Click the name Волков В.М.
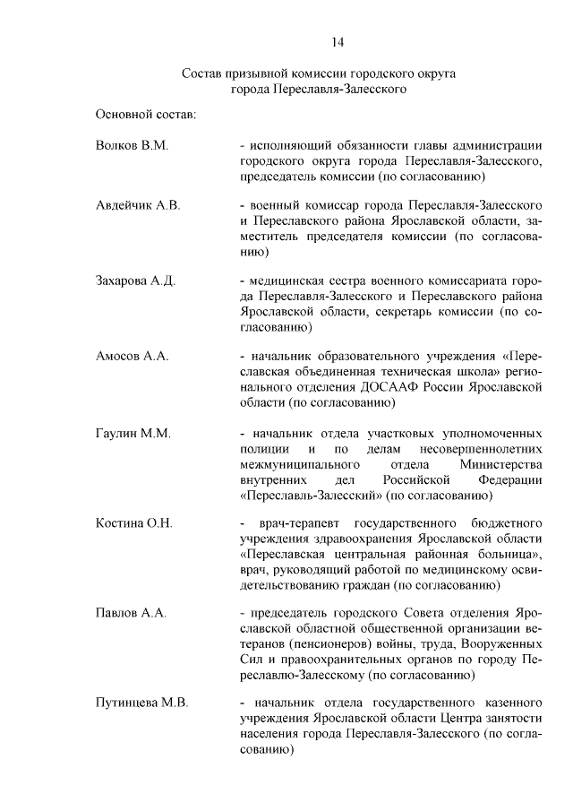(132, 145)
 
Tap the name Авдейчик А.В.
(138, 205)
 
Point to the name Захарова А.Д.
(135, 280)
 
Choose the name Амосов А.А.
(132, 356)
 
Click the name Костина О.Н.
(134, 522)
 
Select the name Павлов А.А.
(131, 613)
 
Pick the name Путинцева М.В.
(141, 703)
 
